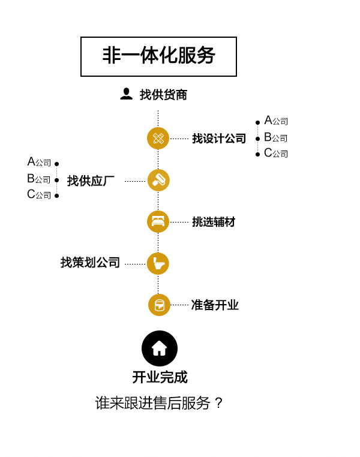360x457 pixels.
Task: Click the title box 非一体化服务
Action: pyautogui.click(x=158, y=56)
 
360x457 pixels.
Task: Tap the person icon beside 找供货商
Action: pyautogui.click(x=126, y=94)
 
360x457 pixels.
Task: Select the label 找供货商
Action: pyautogui.click(x=163, y=95)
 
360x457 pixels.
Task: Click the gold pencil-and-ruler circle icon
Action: pyautogui.click(x=158, y=138)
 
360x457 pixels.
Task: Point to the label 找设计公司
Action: pyautogui.click(x=219, y=139)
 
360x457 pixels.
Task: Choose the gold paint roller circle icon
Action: pyautogui.click(x=158, y=180)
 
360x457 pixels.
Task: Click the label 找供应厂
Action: pyautogui.click(x=91, y=181)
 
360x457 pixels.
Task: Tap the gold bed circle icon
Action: pyautogui.click(x=158, y=221)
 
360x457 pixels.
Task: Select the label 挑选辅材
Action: pyautogui.click(x=214, y=222)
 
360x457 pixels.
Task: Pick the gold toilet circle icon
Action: pyautogui.click(x=158, y=263)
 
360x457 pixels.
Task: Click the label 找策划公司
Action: pyautogui.click(x=90, y=262)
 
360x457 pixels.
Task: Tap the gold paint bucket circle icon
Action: pyautogui.click(x=159, y=305)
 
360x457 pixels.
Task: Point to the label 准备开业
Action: pyautogui.click(x=215, y=305)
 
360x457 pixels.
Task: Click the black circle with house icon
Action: pyautogui.click(x=160, y=348)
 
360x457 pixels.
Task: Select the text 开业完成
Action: pyautogui.click(x=160, y=377)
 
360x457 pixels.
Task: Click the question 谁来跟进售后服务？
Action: pyautogui.click(x=159, y=403)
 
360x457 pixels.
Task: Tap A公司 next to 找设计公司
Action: pyautogui.click(x=276, y=121)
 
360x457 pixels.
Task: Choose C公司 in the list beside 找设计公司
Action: pyautogui.click(x=276, y=153)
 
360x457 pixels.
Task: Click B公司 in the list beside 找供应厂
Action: pyautogui.click(x=39, y=179)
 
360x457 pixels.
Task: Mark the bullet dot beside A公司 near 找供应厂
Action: pyautogui.click(x=57, y=164)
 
